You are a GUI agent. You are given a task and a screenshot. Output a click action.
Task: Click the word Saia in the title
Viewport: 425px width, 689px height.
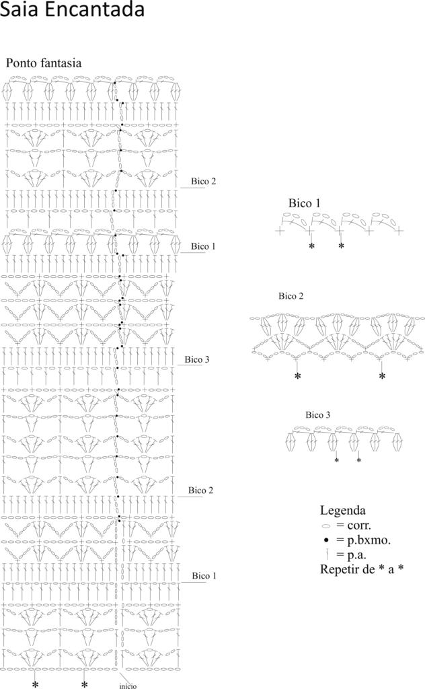click(x=20, y=9)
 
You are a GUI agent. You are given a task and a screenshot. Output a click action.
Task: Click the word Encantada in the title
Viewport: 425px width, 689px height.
click(x=95, y=9)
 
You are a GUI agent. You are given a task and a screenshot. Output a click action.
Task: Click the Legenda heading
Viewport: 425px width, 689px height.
click(x=342, y=511)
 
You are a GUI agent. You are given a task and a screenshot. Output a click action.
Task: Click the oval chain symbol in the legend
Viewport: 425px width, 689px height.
click(x=325, y=526)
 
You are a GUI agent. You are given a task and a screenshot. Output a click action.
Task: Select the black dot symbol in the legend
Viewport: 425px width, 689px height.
click(x=325, y=540)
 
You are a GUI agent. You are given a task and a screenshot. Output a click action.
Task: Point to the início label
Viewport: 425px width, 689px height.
click(x=128, y=686)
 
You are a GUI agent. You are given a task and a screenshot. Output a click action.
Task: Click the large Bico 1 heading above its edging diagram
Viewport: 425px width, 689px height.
click(x=304, y=203)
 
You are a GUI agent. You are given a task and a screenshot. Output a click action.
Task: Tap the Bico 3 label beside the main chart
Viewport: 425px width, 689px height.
click(x=196, y=359)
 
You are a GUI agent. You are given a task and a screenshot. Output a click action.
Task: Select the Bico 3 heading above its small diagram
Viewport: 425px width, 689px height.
click(x=318, y=414)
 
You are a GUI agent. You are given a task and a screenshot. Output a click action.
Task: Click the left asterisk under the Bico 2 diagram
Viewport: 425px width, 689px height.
click(x=298, y=376)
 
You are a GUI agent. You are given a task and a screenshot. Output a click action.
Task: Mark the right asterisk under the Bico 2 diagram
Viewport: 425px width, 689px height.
click(x=382, y=376)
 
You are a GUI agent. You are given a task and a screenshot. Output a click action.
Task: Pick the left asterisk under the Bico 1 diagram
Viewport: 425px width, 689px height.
click(x=312, y=246)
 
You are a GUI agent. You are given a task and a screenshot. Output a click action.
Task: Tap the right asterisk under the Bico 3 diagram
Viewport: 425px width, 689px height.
click(x=359, y=460)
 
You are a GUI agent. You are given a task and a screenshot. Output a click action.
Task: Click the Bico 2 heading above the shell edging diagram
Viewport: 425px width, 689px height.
click(x=291, y=296)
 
